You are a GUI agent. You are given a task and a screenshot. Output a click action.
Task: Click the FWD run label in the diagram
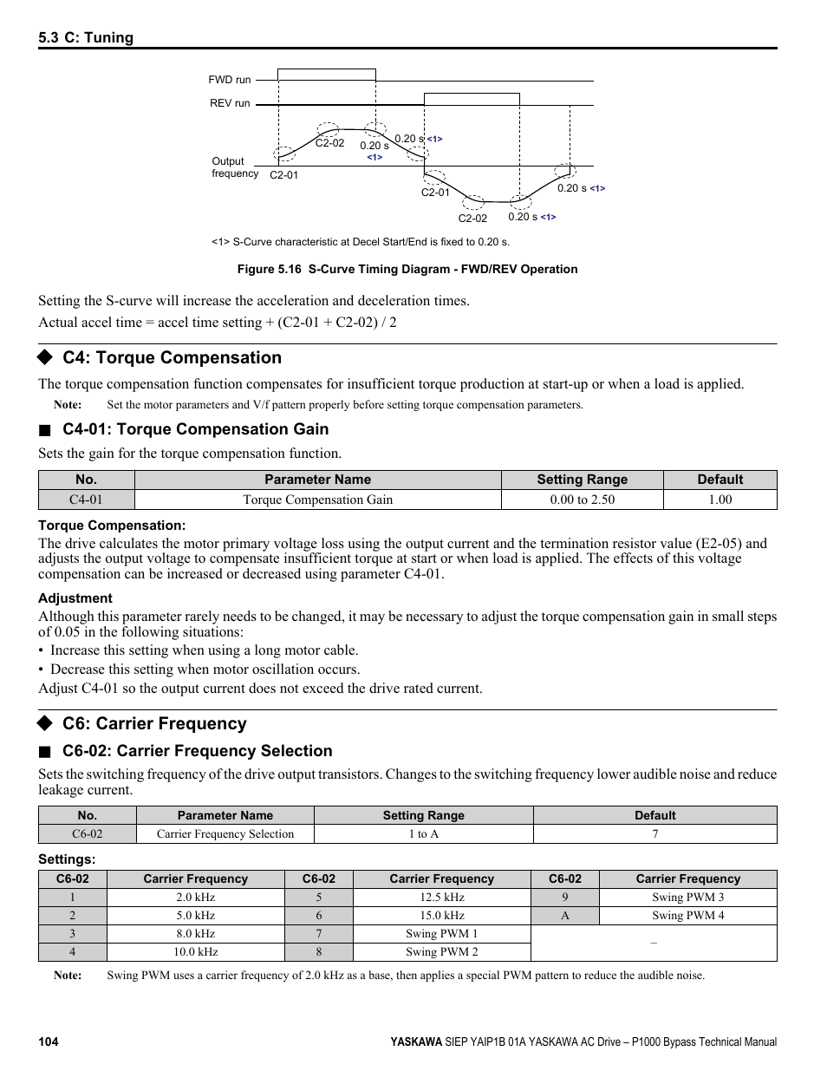[x=229, y=80]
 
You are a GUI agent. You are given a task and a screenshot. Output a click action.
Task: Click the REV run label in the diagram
[x=230, y=103]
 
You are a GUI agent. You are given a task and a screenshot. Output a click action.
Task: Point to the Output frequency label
[x=234, y=167]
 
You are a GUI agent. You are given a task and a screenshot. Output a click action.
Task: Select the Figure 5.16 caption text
[x=407, y=269]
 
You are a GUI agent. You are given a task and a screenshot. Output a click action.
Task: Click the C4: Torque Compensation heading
[x=172, y=358]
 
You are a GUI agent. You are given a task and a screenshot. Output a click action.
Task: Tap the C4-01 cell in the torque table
[x=86, y=500]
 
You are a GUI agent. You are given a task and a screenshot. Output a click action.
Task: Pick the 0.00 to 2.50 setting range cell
[x=582, y=500]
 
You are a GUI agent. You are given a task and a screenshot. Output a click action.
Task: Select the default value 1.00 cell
[x=720, y=500]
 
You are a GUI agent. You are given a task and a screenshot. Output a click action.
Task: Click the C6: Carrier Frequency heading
[x=154, y=724]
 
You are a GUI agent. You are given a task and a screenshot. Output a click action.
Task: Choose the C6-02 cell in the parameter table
[x=87, y=834]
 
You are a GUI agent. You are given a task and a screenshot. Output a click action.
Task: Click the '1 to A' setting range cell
[x=423, y=834]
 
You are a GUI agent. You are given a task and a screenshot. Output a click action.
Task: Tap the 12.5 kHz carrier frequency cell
[x=441, y=898]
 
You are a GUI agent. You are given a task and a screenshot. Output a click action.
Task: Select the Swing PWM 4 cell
[x=687, y=916]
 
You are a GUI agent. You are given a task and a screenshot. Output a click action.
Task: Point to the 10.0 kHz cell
[x=195, y=952]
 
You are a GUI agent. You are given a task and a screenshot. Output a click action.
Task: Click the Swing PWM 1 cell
[x=441, y=934]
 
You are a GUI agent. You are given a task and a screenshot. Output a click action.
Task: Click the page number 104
[x=49, y=1042]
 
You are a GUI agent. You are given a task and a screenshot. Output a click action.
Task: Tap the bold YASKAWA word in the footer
[x=415, y=1042]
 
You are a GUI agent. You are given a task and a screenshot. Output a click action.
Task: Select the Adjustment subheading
[x=75, y=598]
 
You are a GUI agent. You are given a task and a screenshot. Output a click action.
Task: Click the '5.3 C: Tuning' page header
[x=86, y=37]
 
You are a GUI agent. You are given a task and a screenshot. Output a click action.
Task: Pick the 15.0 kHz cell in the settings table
[x=441, y=916]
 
